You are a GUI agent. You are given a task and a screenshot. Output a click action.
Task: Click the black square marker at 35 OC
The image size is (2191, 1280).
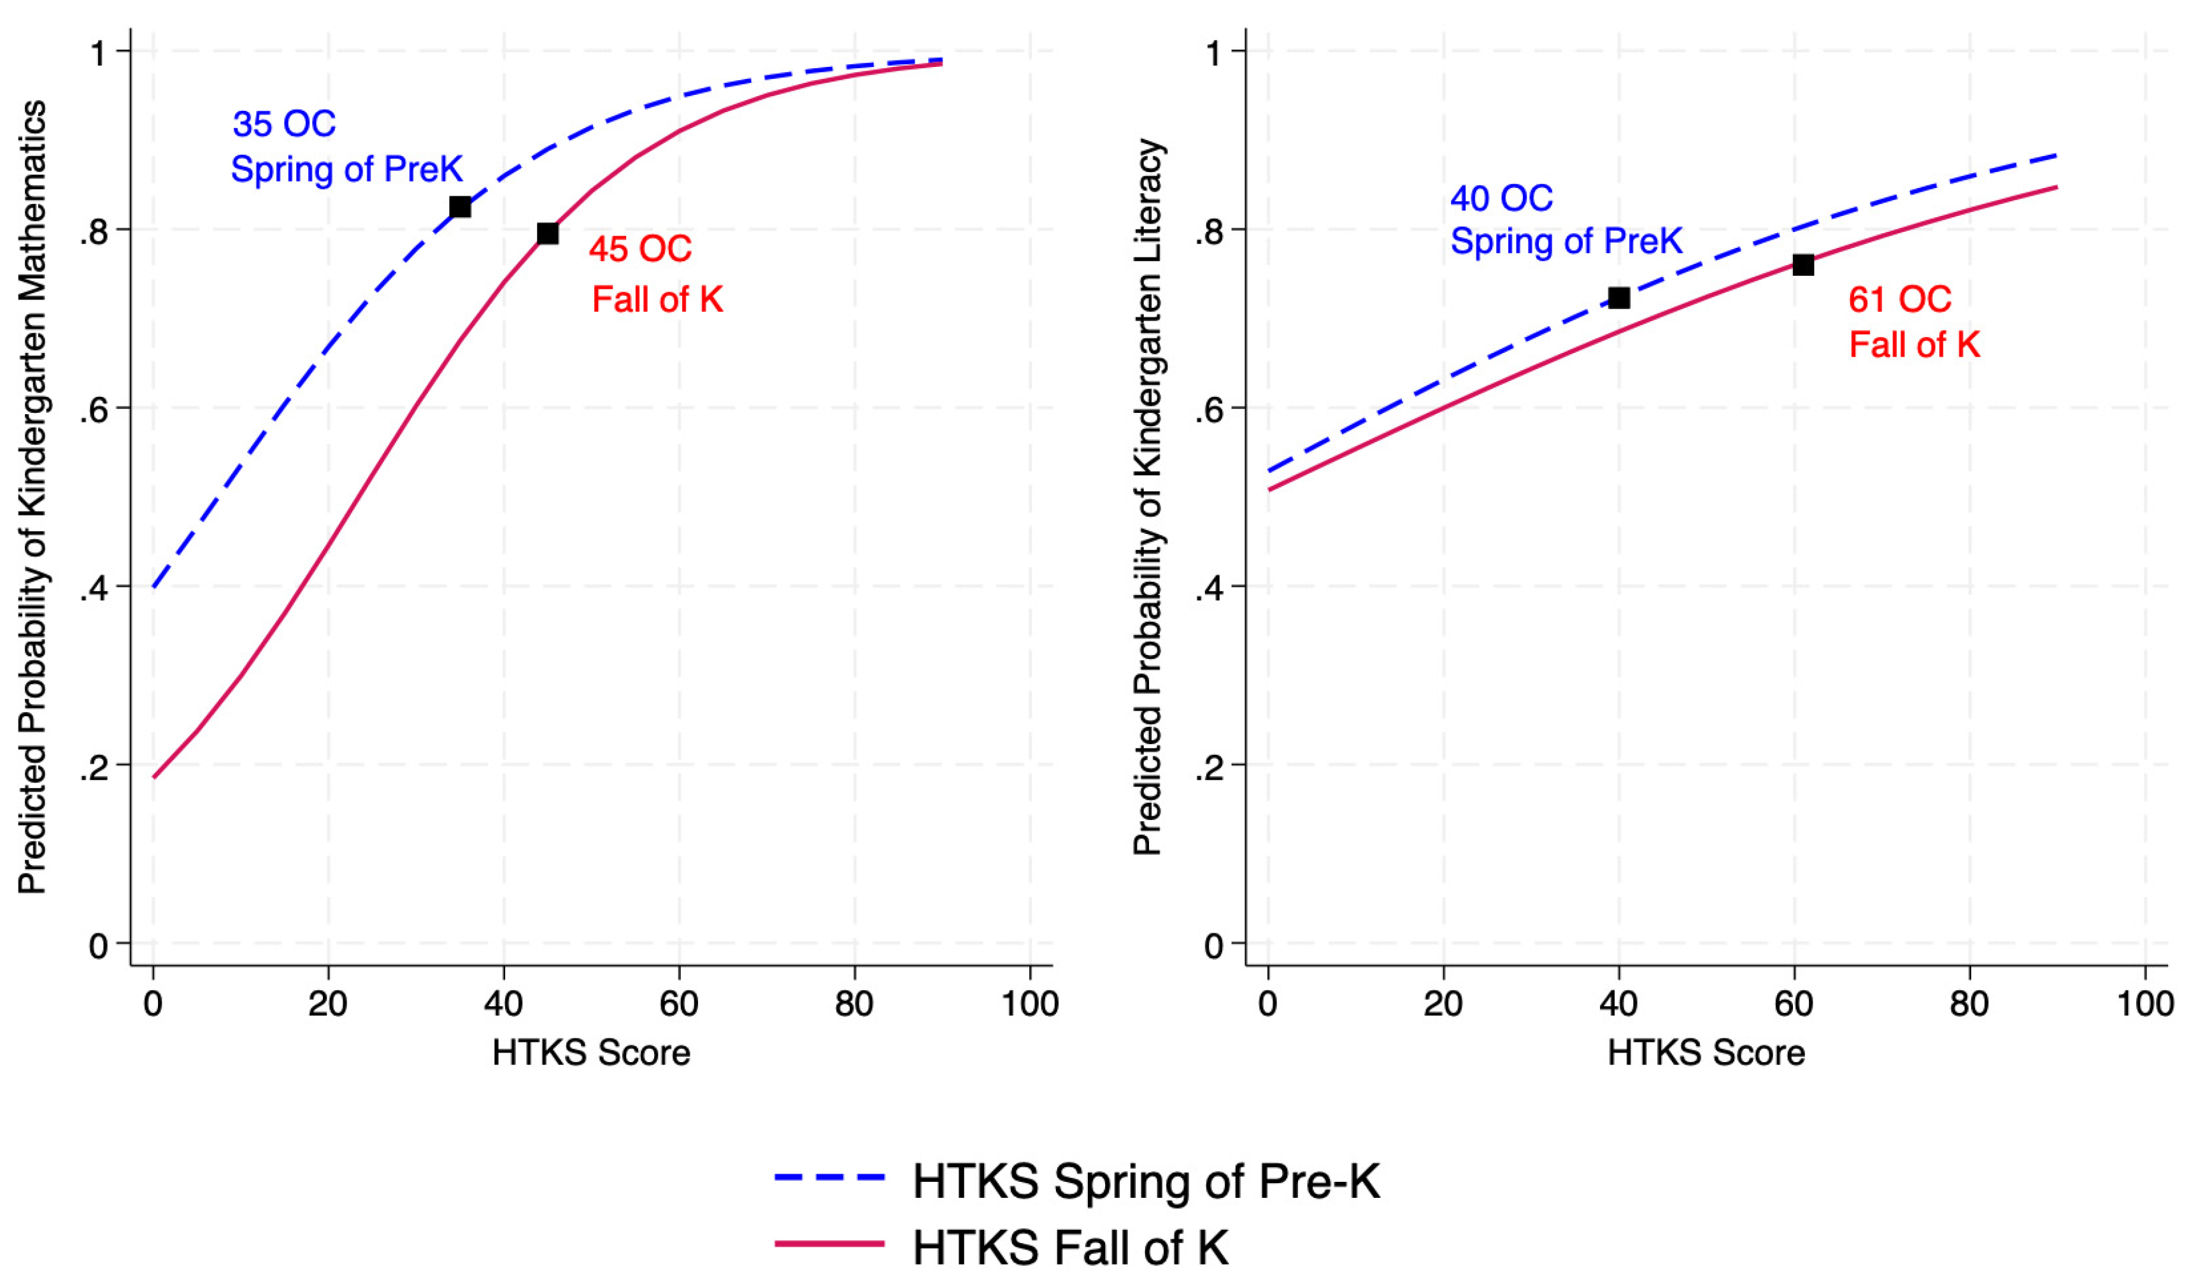point(460,207)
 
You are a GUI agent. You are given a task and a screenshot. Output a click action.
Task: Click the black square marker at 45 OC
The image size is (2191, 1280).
point(548,233)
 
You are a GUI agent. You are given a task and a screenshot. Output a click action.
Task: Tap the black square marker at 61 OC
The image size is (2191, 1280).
point(1803,264)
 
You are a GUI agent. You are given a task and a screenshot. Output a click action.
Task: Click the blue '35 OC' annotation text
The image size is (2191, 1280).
point(284,124)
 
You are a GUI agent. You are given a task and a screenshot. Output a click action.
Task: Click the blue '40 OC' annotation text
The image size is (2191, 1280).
point(1501,199)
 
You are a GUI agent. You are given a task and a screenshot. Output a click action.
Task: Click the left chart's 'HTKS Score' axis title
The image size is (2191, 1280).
point(591,1053)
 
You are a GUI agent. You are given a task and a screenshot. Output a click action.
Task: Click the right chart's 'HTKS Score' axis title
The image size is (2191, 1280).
point(1706,1053)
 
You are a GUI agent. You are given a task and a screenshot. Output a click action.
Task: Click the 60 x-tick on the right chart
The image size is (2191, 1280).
point(1794,1004)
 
